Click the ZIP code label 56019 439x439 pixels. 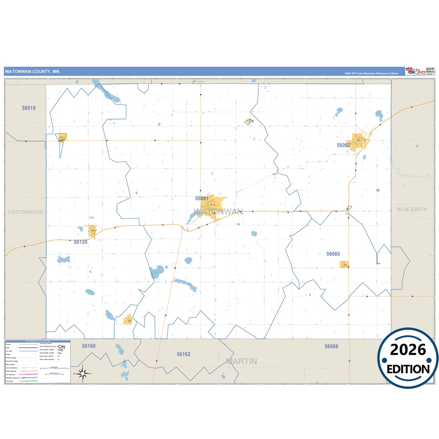coord(29,108)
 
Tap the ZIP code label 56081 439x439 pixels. coord(202,198)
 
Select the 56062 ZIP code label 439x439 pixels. coord(343,145)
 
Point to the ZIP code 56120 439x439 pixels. coord(81,242)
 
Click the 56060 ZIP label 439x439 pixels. coord(333,254)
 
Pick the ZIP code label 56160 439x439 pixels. coord(89,346)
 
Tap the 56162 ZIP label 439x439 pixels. coord(183,354)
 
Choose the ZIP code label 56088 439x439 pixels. coord(331,346)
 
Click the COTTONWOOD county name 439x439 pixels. coord(26,212)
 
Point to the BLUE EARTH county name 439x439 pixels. coord(412,209)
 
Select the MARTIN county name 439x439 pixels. coord(242,362)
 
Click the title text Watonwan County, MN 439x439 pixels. coord(32,72)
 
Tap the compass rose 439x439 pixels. coord(83,373)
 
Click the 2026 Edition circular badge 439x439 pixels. coord(408,358)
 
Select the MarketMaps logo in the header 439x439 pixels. coord(416,71)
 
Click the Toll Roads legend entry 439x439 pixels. coord(10,381)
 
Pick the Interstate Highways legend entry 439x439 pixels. coord(12,378)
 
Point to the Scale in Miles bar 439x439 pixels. coord(54,368)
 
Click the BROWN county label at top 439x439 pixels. coord(198,82)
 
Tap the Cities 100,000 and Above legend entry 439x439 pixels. coord(48,346)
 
